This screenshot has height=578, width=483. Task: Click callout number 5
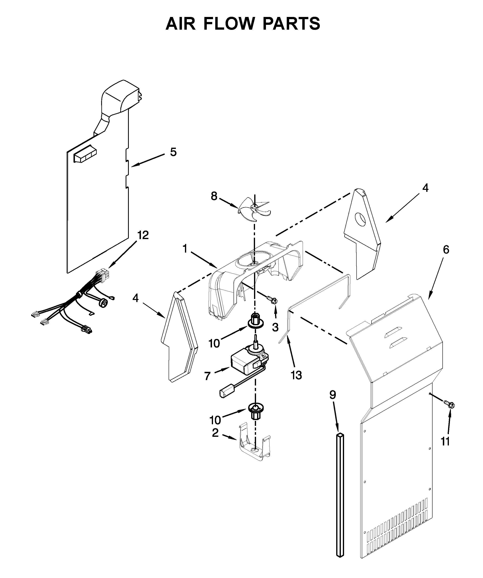173,152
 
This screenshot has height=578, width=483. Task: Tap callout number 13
296,375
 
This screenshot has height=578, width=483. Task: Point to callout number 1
185,249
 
